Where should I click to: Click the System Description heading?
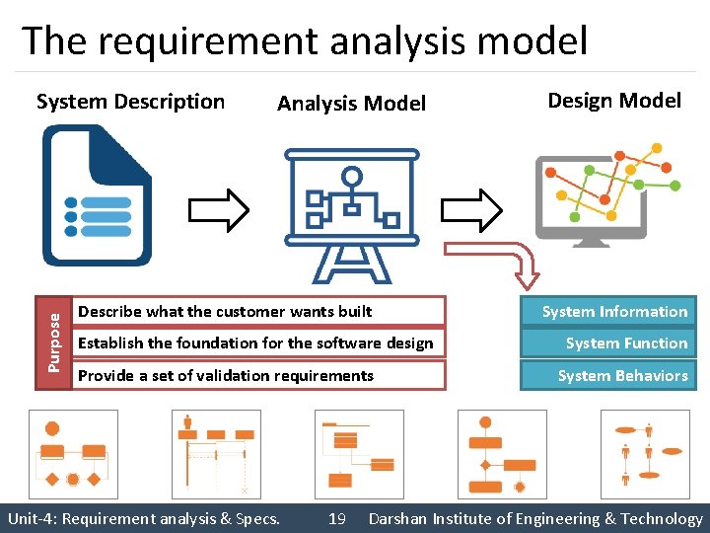130,102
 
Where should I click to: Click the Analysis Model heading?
351,104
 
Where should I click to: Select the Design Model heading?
613,100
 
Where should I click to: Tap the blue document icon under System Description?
97,195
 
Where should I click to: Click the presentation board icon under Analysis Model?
350,213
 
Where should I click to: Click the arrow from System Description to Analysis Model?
218,208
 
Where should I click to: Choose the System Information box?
614,312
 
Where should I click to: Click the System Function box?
614,343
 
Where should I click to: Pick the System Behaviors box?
614,375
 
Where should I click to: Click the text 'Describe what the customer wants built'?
225,312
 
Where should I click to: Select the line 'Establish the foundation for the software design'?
255,343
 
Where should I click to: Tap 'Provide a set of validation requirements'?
226,375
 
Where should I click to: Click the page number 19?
336,518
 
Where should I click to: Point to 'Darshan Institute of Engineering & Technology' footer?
535,518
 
